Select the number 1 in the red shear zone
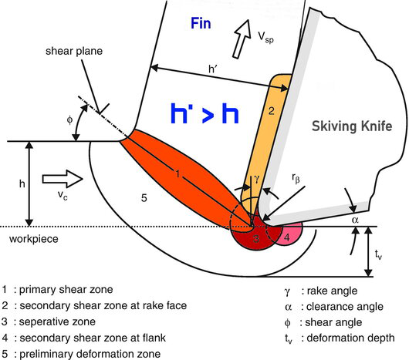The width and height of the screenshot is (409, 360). [177, 175]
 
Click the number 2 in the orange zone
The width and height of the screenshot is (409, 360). [271, 110]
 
